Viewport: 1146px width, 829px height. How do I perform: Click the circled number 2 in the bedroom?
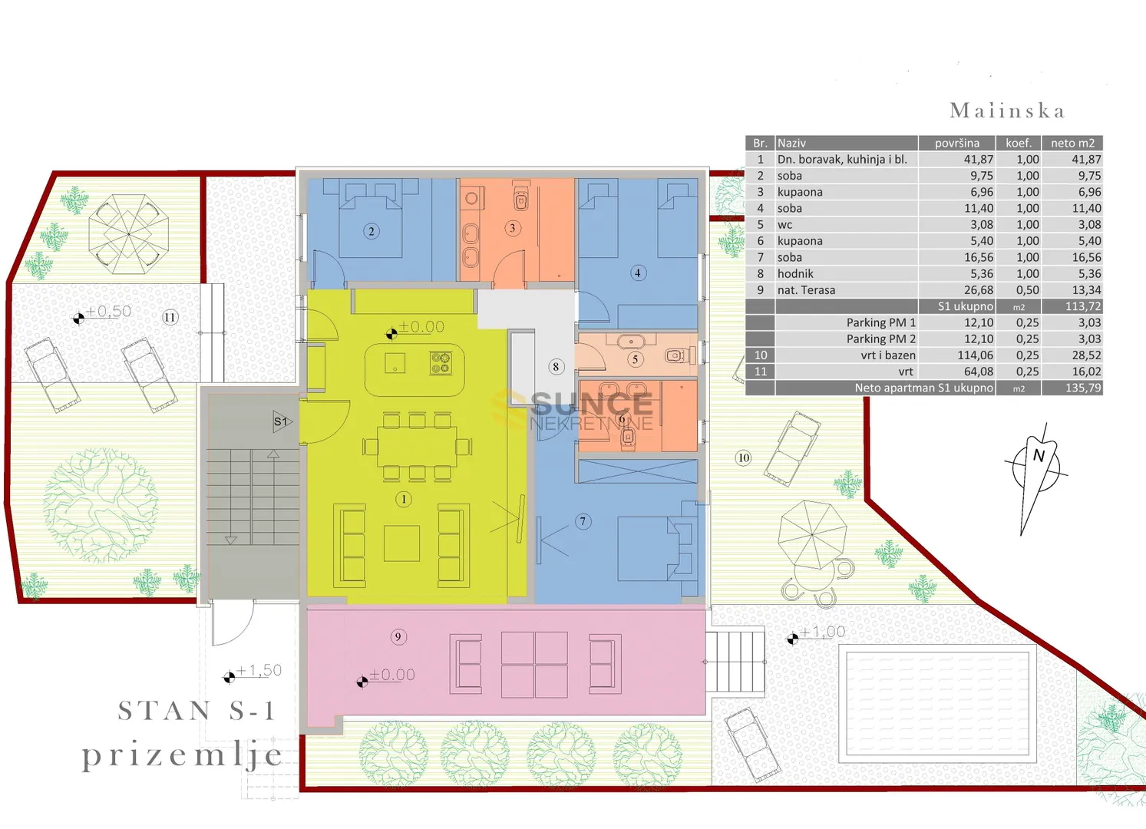pos(372,231)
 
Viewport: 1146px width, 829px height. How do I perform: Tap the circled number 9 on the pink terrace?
pos(398,637)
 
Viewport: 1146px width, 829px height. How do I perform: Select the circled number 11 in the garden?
pos(170,318)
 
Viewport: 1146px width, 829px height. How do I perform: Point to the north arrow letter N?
pos(1039,455)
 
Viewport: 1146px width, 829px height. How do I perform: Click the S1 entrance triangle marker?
pos(281,421)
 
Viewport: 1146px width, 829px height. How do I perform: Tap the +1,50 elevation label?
pos(259,670)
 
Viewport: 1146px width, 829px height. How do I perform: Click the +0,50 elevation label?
pos(108,311)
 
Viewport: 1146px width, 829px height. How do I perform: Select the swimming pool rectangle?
pos(938,704)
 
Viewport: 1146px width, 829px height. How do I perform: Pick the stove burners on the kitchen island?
pos(441,363)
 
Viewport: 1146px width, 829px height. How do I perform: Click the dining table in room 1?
pos(417,447)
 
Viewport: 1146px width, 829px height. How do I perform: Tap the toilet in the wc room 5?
pos(681,354)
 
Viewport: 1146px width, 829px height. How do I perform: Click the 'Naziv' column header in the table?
pos(791,144)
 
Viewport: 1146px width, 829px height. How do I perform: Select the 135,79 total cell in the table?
pos(1083,388)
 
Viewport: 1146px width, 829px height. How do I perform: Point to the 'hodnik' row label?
pos(795,274)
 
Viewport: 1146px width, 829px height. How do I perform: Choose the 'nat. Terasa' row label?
pos(806,290)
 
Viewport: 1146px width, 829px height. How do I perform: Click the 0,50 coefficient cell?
pos(1028,290)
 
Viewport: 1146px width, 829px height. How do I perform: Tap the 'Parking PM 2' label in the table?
pos(881,339)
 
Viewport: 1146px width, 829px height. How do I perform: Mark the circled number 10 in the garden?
pos(743,458)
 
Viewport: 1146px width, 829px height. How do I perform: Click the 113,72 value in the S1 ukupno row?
pos(1083,306)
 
